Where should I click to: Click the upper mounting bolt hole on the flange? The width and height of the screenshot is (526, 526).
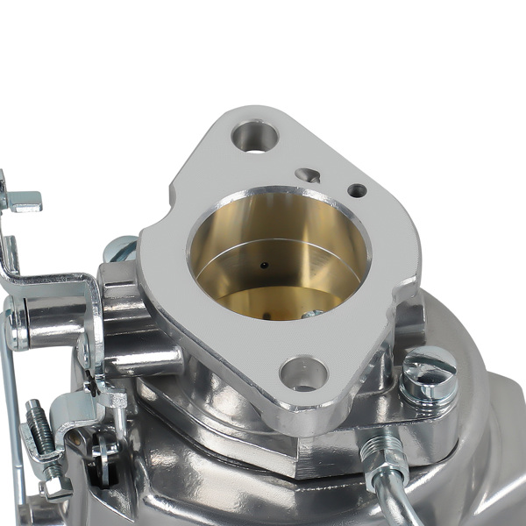255,136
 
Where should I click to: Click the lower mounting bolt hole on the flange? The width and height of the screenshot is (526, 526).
303,373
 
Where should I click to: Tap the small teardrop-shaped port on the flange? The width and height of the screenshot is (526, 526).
308,175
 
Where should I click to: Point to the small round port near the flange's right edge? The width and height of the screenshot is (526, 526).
357,190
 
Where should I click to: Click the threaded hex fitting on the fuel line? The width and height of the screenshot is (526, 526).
377,455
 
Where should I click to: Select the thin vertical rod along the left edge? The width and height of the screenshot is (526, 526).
13,412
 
